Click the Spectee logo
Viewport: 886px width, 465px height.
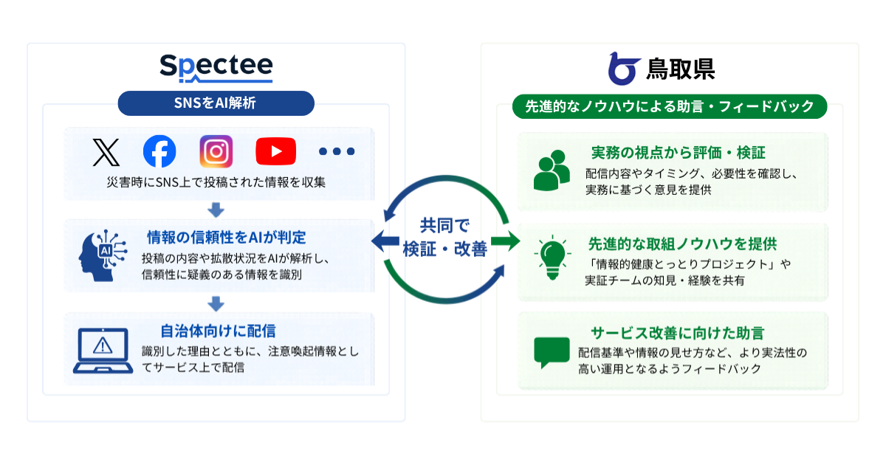(216, 68)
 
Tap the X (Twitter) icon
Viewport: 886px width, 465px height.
(106, 152)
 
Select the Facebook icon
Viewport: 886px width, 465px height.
(159, 151)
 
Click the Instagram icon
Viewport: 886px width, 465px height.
(216, 151)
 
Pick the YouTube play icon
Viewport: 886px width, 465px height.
(275, 151)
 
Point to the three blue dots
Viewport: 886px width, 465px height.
(337, 151)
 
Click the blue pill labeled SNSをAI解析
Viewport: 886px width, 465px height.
(216, 103)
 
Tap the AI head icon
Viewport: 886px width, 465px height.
(103, 255)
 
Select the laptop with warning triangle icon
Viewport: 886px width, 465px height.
(103, 351)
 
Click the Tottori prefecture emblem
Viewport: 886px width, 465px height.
(624, 69)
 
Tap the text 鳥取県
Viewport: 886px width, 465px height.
(680, 69)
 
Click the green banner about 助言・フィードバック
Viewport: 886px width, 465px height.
(670, 106)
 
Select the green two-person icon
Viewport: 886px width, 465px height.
(552, 170)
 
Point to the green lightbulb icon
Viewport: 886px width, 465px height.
(552, 258)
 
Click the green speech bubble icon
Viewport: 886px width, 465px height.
(552, 352)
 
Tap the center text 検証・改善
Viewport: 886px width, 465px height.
(445, 249)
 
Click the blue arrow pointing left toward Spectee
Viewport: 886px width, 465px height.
(385, 241)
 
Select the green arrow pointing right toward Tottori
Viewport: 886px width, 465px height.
(506, 241)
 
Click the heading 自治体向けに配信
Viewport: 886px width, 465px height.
(218, 331)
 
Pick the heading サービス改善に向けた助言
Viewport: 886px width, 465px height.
(677, 334)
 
